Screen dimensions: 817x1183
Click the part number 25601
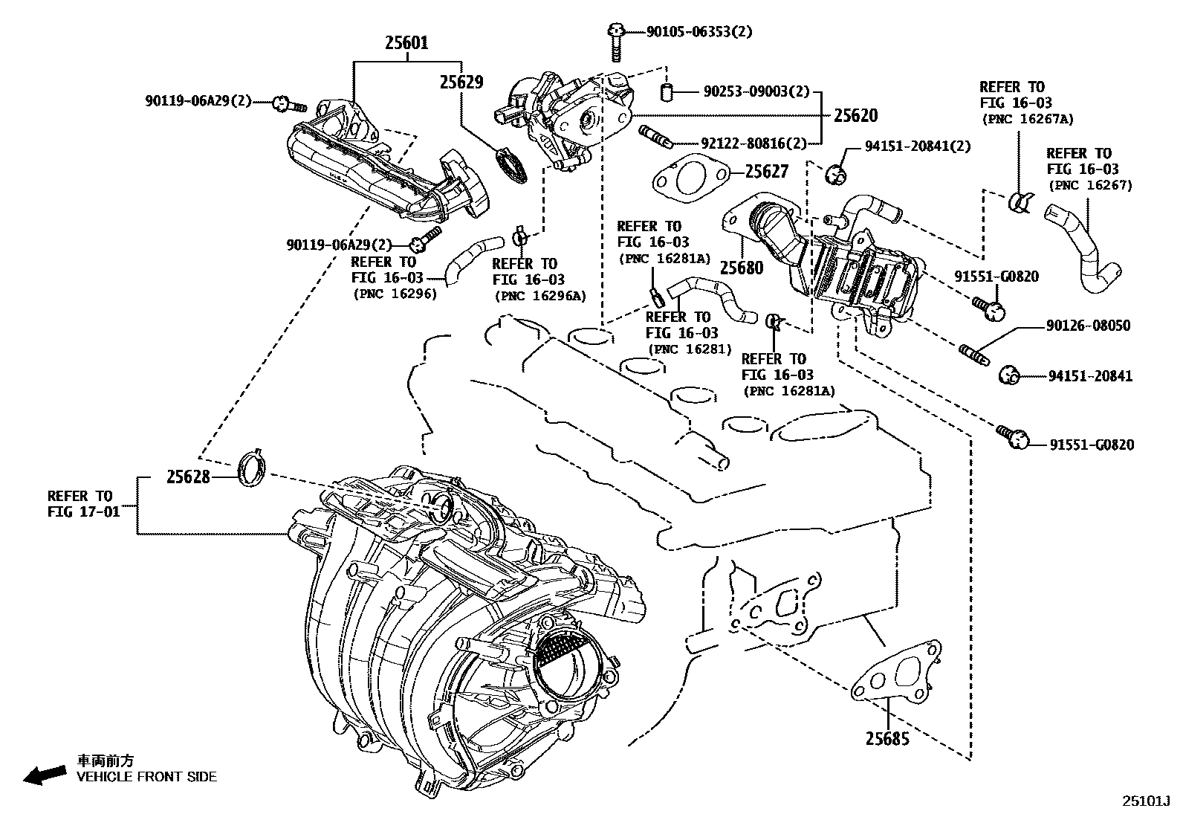pos(406,43)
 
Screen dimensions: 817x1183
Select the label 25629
pos(461,83)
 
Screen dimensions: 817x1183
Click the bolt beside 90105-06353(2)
pos(616,42)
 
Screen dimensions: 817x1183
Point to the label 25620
pos(855,115)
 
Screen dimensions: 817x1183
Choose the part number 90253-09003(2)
pos(756,91)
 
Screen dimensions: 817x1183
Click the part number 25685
pos(887,739)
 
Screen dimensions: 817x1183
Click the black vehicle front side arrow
pos(44,774)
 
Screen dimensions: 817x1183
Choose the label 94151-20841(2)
pos(918,146)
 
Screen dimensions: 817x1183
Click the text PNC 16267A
pos(1028,119)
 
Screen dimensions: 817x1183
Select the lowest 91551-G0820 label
pos(1092,445)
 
